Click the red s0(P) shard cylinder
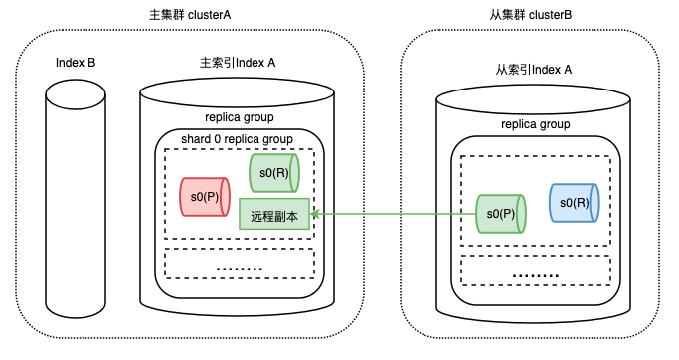[205, 197]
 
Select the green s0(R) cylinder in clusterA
[274, 173]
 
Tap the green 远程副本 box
[274, 214]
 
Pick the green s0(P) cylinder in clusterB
[501, 214]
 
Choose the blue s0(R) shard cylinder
[575, 203]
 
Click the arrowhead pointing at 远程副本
[315, 214]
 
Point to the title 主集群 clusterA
[190, 15]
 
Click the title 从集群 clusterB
[531, 15]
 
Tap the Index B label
[76, 63]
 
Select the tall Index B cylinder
[76, 198]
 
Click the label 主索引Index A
[238, 63]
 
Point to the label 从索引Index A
[534, 70]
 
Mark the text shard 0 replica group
[237, 139]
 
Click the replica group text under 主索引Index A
[240, 117]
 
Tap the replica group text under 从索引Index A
[536, 124]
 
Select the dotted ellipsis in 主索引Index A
[240, 270]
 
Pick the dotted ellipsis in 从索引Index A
[536, 275]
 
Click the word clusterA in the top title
[209, 15]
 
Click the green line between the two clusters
[394, 214]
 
